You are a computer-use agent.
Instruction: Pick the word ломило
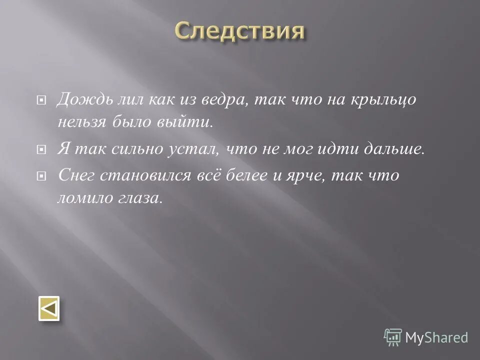point(83,198)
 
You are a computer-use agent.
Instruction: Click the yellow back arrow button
point(49,308)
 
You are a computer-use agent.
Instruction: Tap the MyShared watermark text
point(436,337)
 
